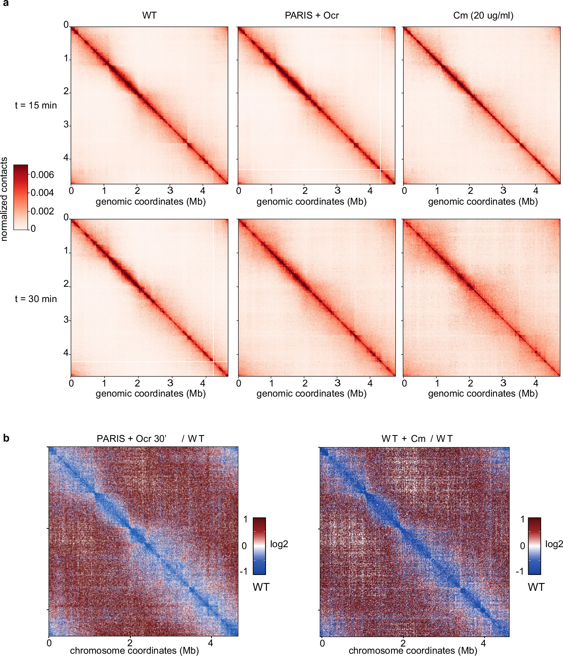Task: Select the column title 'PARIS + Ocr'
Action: [x=312, y=15]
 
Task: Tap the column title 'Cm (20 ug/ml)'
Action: [x=483, y=15]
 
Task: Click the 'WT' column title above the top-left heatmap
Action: [x=149, y=15]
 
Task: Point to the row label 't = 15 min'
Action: [x=36, y=105]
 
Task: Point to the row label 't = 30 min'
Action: [x=36, y=299]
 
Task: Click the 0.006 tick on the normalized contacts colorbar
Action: [x=42, y=175]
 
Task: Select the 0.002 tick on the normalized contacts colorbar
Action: [x=42, y=211]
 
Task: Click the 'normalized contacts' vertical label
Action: [x=4, y=199]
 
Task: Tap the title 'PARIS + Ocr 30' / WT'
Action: [x=150, y=439]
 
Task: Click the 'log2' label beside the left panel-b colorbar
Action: [x=279, y=544]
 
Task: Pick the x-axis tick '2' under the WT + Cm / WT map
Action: [x=403, y=643]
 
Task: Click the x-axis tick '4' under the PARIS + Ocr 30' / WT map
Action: [x=211, y=643]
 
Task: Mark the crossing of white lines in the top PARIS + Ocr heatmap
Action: [x=380, y=169]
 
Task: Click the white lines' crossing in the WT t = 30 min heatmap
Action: [x=213, y=361]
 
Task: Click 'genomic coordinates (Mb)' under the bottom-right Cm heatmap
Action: [x=483, y=393]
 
